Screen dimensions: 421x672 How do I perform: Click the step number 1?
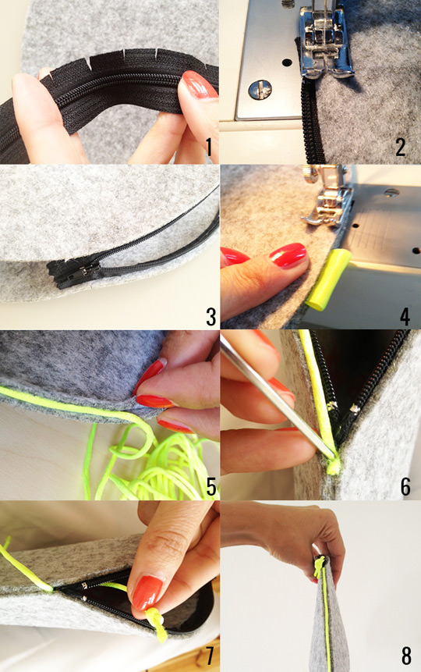coord(209,146)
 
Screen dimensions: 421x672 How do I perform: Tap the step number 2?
coord(401,147)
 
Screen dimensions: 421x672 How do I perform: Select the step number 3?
coord(210,317)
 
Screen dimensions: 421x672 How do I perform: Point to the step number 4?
coord(405,317)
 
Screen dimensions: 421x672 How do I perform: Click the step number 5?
coord(211,487)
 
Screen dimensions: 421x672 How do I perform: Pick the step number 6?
coord(405,487)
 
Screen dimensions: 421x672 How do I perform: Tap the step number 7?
coord(210,655)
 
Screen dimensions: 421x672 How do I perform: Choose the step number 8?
coord(406,655)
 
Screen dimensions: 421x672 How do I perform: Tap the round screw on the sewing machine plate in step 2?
coord(260,90)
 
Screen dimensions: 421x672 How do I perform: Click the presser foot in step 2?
coord(324,43)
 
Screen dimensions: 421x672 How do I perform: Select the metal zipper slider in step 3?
coord(83,271)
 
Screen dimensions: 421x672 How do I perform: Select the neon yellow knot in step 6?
coord(333,465)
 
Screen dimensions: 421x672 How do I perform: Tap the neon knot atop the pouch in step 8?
coord(319,565)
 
